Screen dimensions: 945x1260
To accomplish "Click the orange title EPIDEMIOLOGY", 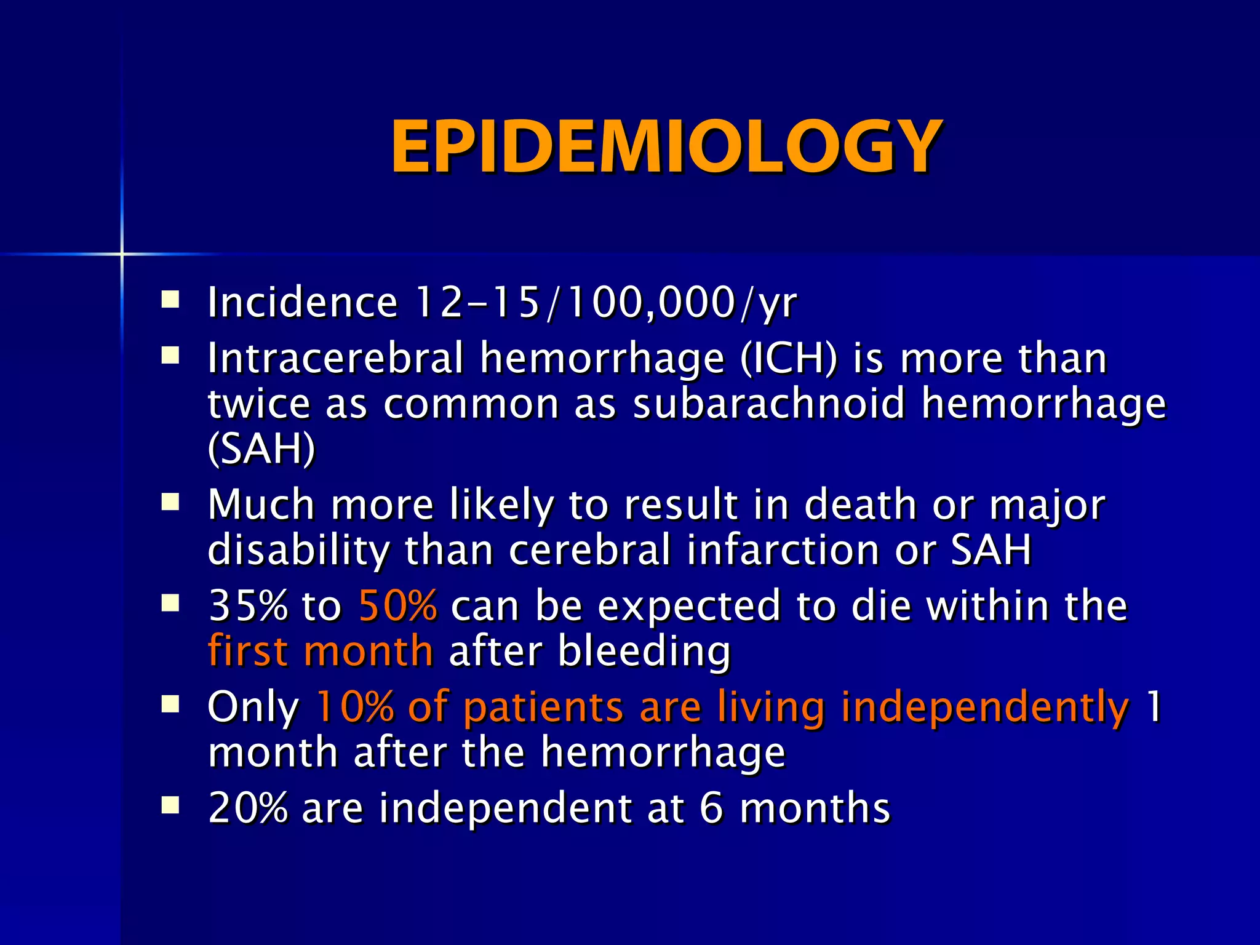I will click(x=666, y=148).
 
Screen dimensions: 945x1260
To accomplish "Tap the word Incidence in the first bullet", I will click(x=302, y=303).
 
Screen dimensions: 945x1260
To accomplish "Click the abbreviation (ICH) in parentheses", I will click(x=788, y=359).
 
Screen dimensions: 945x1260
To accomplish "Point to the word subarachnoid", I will click(x=769, y=404).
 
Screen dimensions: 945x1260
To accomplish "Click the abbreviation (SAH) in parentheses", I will click(x=261, y=450).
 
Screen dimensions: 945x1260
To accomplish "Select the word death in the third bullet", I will click(x=860, y=505).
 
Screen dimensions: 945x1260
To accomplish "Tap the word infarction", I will click(x=783, y=550).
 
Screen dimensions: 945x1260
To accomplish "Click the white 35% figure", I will click(x=247, y=606).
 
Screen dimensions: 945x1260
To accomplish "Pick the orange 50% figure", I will click(x=398, y=606).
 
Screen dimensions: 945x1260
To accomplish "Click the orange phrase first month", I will click(x=321, y=651).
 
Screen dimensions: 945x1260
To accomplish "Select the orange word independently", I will click(x=984, y=707).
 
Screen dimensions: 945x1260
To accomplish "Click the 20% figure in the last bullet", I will click(x=247, y=808).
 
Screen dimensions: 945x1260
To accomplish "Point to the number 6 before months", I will click(x=711, y=808).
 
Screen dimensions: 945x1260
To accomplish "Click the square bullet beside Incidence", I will click(x=170, y=300).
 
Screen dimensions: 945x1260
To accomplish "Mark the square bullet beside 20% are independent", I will click(x=170, y=805).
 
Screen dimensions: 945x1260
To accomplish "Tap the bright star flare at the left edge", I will click(x=122, y=253).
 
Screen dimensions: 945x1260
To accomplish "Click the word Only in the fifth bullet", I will click(x=253, y=707).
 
